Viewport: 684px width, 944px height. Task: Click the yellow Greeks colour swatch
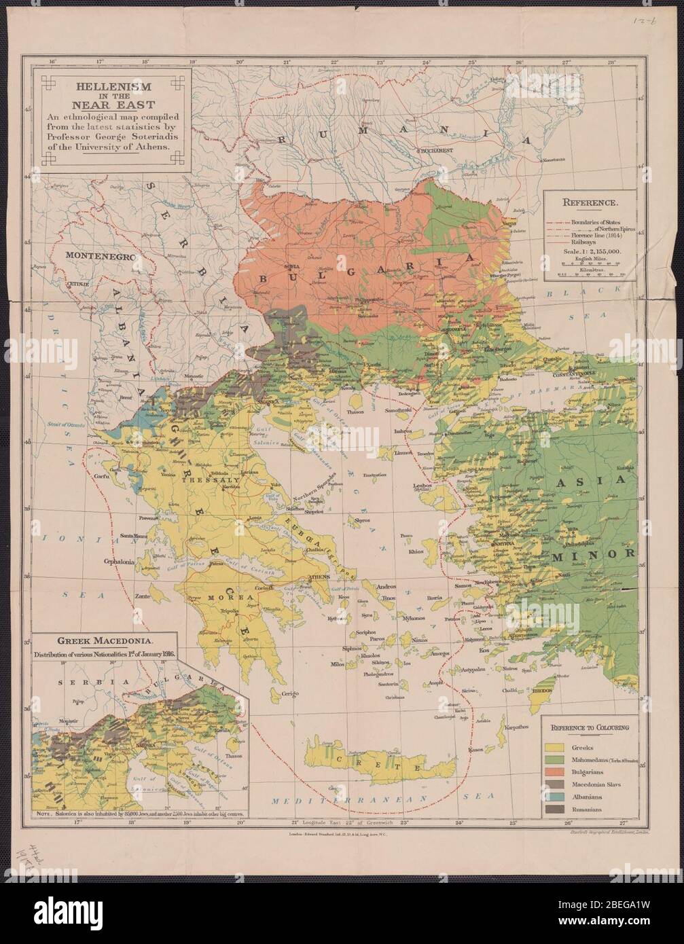pyautogui.click(x=554, y=748)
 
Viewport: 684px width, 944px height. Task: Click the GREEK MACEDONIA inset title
pyautogui.click(x=100, y=640)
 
